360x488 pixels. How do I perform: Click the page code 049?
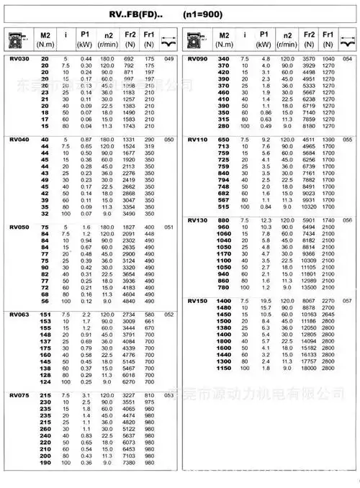click(169, 58)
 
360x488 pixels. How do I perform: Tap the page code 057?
click(348, 300)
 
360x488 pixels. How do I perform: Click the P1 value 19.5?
click(265, 300)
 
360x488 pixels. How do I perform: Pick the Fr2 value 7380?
click(130, 462)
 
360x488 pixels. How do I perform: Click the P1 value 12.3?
click(265, 220)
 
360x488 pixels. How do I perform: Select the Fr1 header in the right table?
click(328, 34)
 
